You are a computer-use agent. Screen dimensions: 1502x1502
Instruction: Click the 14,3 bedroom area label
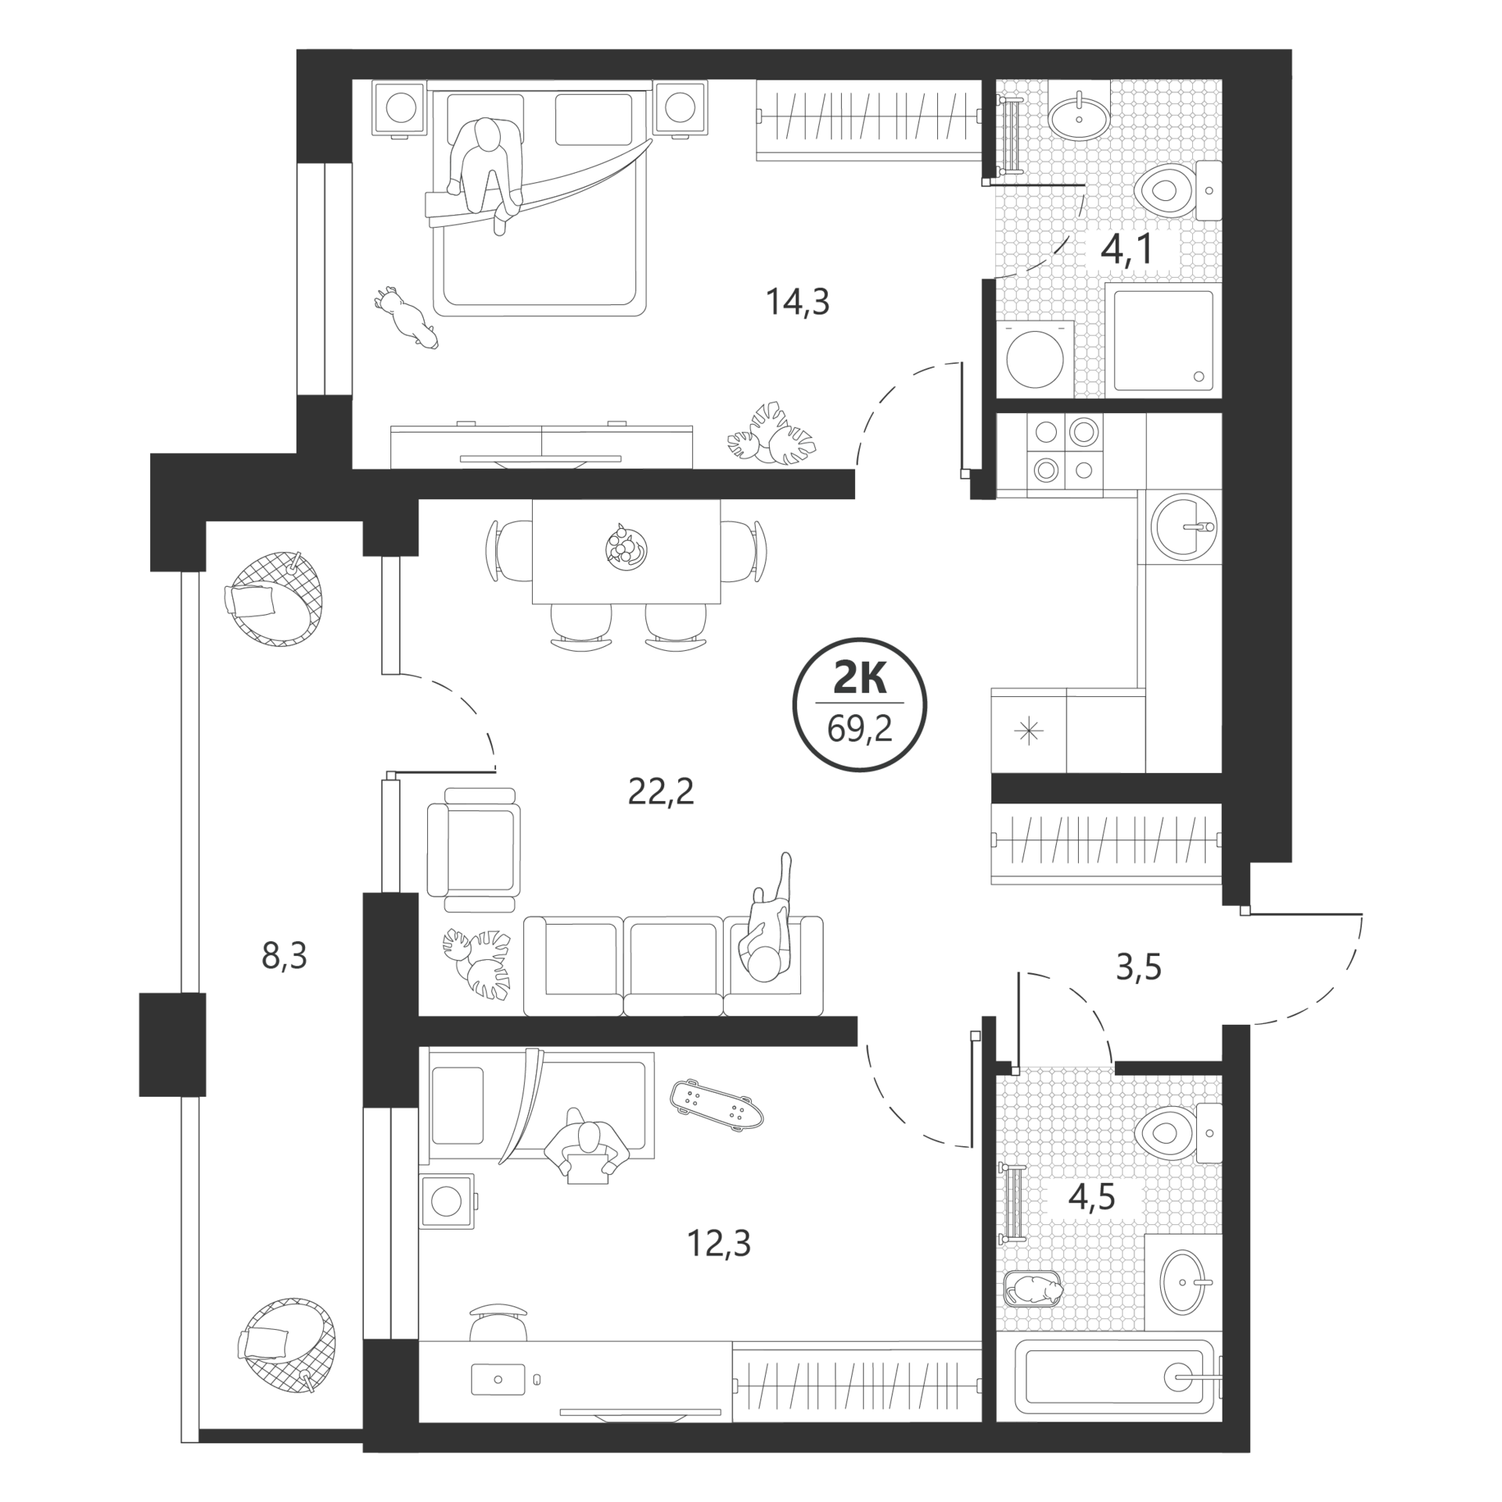[797, 301]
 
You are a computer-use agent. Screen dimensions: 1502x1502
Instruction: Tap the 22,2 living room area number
[661, 792]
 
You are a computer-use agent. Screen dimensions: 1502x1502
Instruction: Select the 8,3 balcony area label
[284, 955]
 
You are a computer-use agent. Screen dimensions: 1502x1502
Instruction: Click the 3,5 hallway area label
[1138, 968]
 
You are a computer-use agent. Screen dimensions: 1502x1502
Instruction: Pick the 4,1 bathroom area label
[1127, 249]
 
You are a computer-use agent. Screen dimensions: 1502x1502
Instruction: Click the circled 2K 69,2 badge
[860, 704]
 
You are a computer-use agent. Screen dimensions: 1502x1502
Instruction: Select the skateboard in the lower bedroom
[717, 1104]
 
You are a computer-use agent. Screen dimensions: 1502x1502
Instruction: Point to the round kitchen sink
[1183, 526]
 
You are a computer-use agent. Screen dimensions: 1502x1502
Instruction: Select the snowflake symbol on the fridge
[1028, 731]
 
